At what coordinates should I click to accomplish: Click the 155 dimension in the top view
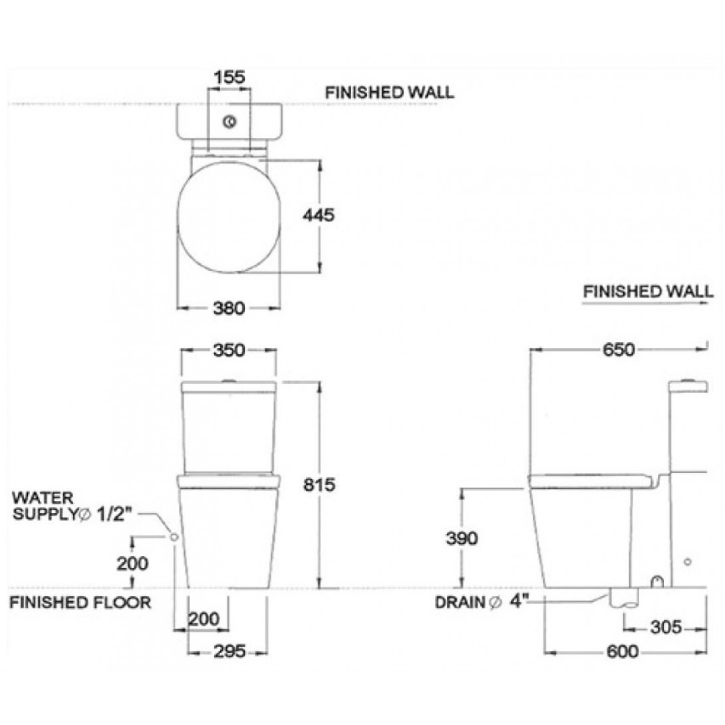click(229, 77)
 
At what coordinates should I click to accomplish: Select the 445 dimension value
click(317, 216)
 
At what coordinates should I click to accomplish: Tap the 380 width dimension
click(229, 308)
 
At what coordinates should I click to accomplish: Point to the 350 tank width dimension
click(229, 350)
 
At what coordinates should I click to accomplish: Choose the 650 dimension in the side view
click(619, 349)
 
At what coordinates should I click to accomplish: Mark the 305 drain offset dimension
click(666, 627)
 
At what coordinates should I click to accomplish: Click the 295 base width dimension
click(228, 652)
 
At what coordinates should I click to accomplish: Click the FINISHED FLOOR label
click(80, 603)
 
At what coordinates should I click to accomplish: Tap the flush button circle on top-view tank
click(230, 122)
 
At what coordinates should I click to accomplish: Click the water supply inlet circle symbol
click(174, 536)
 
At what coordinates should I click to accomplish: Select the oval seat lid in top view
click(229, 216)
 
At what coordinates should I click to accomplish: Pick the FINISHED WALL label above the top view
click(389, 92)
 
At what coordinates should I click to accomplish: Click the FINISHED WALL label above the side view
click(648, 291)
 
